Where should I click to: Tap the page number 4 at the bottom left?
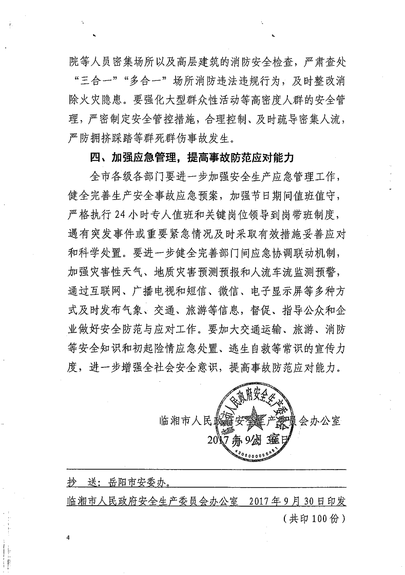pyautogui.click(x=68, y=537)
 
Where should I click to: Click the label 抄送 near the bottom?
pyautogui.click(x=82, y=483)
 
